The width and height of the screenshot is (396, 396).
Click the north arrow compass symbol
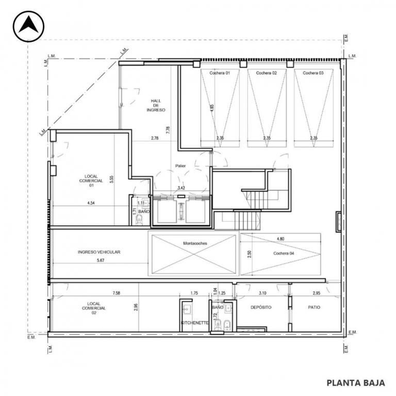28,26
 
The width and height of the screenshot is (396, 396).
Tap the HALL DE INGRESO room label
156,105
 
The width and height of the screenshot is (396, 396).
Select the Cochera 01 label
220,73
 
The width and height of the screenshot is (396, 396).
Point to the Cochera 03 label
313,73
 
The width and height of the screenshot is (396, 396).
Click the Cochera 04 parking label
284,253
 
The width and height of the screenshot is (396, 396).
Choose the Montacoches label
195,243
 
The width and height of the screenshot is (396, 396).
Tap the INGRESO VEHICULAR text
99,252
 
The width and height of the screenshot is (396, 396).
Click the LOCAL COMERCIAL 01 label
91,181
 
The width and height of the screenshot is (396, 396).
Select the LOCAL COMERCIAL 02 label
94,308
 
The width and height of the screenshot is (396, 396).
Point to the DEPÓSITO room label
261,307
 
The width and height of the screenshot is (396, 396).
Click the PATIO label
314,307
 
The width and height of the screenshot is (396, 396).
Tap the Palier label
180,166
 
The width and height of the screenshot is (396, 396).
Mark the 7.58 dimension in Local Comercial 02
116,293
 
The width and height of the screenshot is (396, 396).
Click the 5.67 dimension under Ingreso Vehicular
101,260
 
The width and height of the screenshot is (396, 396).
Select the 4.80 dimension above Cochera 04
280,239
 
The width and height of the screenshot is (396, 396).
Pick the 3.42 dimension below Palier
181,188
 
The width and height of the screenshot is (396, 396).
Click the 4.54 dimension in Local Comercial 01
91,203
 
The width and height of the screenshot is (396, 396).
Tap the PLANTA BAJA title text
356,383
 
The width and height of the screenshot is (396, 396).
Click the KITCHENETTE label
195,323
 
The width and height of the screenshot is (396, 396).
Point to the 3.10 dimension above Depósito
262,293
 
